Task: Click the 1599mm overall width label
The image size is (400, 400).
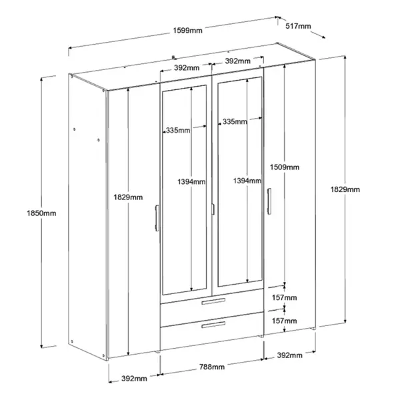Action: [x=187, y=31]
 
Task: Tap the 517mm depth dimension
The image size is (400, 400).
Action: [x=298, y=26]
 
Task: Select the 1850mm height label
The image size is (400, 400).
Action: [x=41, y=213]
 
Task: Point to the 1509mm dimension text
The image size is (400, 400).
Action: [x=285, y=167]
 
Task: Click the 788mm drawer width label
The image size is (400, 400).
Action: [x=212, y=367]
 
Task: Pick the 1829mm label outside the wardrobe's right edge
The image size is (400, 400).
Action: [x=345, y=189]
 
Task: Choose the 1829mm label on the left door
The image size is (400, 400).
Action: [x=128, y=197]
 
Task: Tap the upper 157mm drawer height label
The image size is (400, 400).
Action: [x=284, y=297]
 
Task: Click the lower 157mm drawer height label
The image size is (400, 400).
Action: [x=284, y=321]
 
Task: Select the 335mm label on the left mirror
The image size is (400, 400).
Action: [x=178, y=131]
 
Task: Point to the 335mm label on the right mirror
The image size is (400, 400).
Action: [x=235, y=122]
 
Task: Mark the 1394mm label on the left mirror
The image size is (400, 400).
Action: [x=191, y=182]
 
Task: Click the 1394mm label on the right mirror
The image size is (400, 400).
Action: [x=247, y=181]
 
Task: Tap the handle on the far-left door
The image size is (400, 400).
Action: [x=157, y=218]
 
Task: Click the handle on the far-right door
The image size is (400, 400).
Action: [x=269, y=201]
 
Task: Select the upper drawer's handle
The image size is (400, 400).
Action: [x=213, y=301]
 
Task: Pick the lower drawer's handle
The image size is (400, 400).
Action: [x=213, y=325]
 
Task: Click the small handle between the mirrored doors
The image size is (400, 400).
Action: [x=213, y=209]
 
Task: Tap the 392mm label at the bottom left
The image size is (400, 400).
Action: [x=134, y=379]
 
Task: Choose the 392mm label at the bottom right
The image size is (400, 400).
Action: [x=290, y=355]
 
